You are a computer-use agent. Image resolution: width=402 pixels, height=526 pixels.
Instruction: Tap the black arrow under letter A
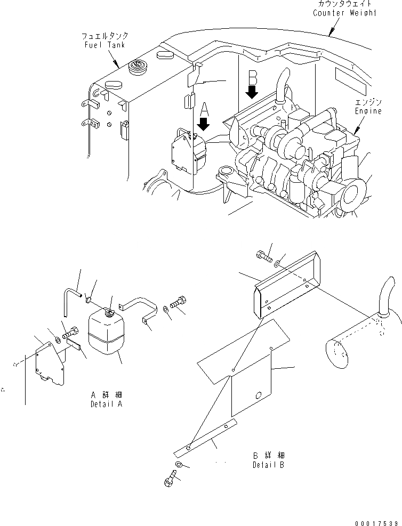[204, 125]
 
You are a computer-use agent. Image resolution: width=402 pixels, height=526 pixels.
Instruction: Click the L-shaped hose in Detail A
[69, 298]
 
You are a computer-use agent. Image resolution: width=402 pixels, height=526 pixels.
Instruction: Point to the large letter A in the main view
[204, 110]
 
